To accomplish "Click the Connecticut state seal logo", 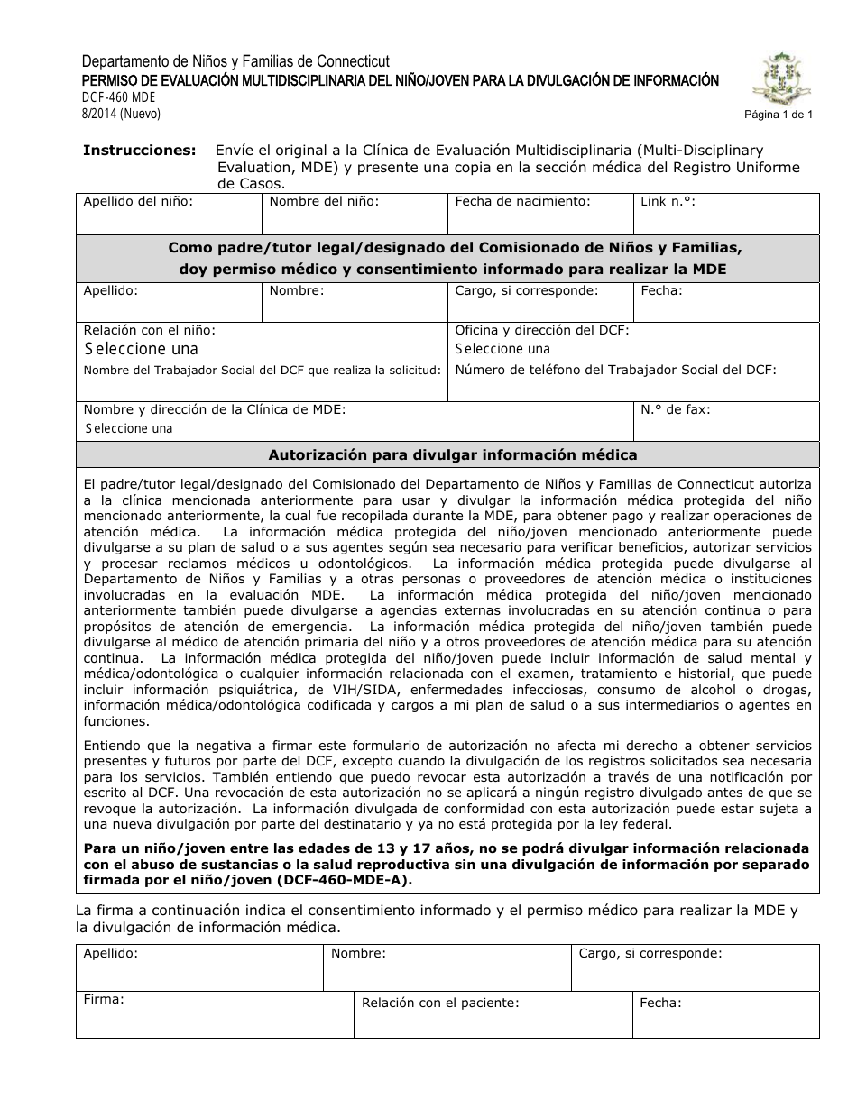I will [x=783, y=78].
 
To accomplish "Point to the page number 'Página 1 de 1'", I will [x=779, y=115].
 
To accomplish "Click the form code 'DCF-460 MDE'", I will [x=119, y=97].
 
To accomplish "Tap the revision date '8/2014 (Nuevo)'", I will [x=121, y=114].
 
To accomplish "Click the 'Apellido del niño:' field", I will [x=169, y=215].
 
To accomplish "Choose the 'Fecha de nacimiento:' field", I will [x=539, y=215].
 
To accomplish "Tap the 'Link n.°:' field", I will [x=726, y=215].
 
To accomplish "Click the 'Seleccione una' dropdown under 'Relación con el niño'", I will [x=141, y=349].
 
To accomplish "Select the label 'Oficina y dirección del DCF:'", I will [x=541, y=331].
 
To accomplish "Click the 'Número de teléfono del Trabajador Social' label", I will [x=615, y=370].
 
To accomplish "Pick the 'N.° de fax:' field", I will [x=726, y=420].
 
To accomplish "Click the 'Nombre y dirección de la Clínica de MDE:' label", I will [x=215, y=409].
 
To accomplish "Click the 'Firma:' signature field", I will [x=214, y=1015].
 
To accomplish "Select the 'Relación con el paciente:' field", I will [x=493, y=1015].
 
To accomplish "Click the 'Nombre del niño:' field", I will [x=355, y=215].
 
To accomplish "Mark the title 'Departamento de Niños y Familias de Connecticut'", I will [x=235, y=62].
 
